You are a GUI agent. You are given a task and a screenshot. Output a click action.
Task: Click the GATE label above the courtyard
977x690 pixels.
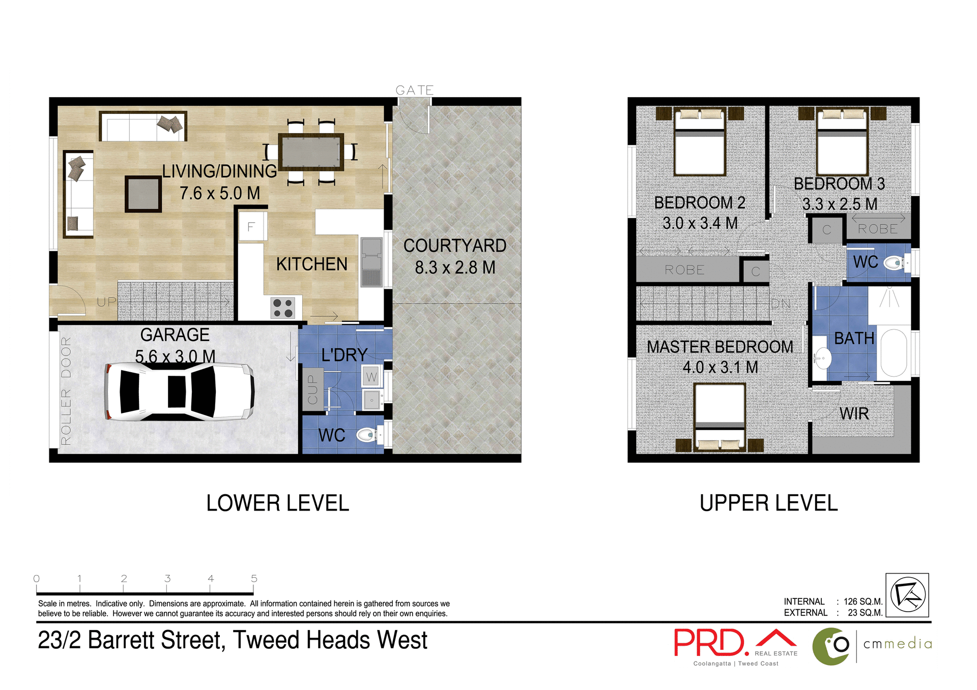point(414,91)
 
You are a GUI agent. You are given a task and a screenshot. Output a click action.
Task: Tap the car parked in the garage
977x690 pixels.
point(179,392)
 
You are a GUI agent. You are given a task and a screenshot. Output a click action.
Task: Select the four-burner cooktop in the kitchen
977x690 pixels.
point(282,308)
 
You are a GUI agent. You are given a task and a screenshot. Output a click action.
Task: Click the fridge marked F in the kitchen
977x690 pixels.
point(251,227)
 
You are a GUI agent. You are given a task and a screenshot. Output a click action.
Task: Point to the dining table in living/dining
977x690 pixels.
point(310,152)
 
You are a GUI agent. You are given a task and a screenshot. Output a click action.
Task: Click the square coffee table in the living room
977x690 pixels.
point(143,194)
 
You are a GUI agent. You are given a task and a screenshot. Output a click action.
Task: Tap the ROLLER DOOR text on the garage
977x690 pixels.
point(66,391)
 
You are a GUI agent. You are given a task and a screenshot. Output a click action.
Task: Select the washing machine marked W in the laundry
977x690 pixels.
point(371,377)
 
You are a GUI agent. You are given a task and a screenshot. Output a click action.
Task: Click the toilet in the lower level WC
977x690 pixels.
point(367,435)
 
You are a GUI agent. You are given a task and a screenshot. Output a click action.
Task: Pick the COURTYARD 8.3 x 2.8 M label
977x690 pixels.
point(454,256)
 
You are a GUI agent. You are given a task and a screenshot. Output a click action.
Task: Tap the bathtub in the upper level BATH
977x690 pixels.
point(894,352)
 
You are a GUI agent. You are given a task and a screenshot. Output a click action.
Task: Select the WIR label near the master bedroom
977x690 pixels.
point(854,413)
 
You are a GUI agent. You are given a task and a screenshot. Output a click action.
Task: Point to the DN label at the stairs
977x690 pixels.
point(781,304)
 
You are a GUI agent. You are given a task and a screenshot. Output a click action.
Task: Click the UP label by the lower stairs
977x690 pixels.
point(107,302)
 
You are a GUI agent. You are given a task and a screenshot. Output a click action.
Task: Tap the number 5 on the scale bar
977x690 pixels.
point(254,579)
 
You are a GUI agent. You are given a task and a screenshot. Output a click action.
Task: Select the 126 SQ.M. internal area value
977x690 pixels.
point(863,602)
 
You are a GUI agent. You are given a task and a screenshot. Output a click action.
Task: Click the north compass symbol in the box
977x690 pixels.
point(907,595)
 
